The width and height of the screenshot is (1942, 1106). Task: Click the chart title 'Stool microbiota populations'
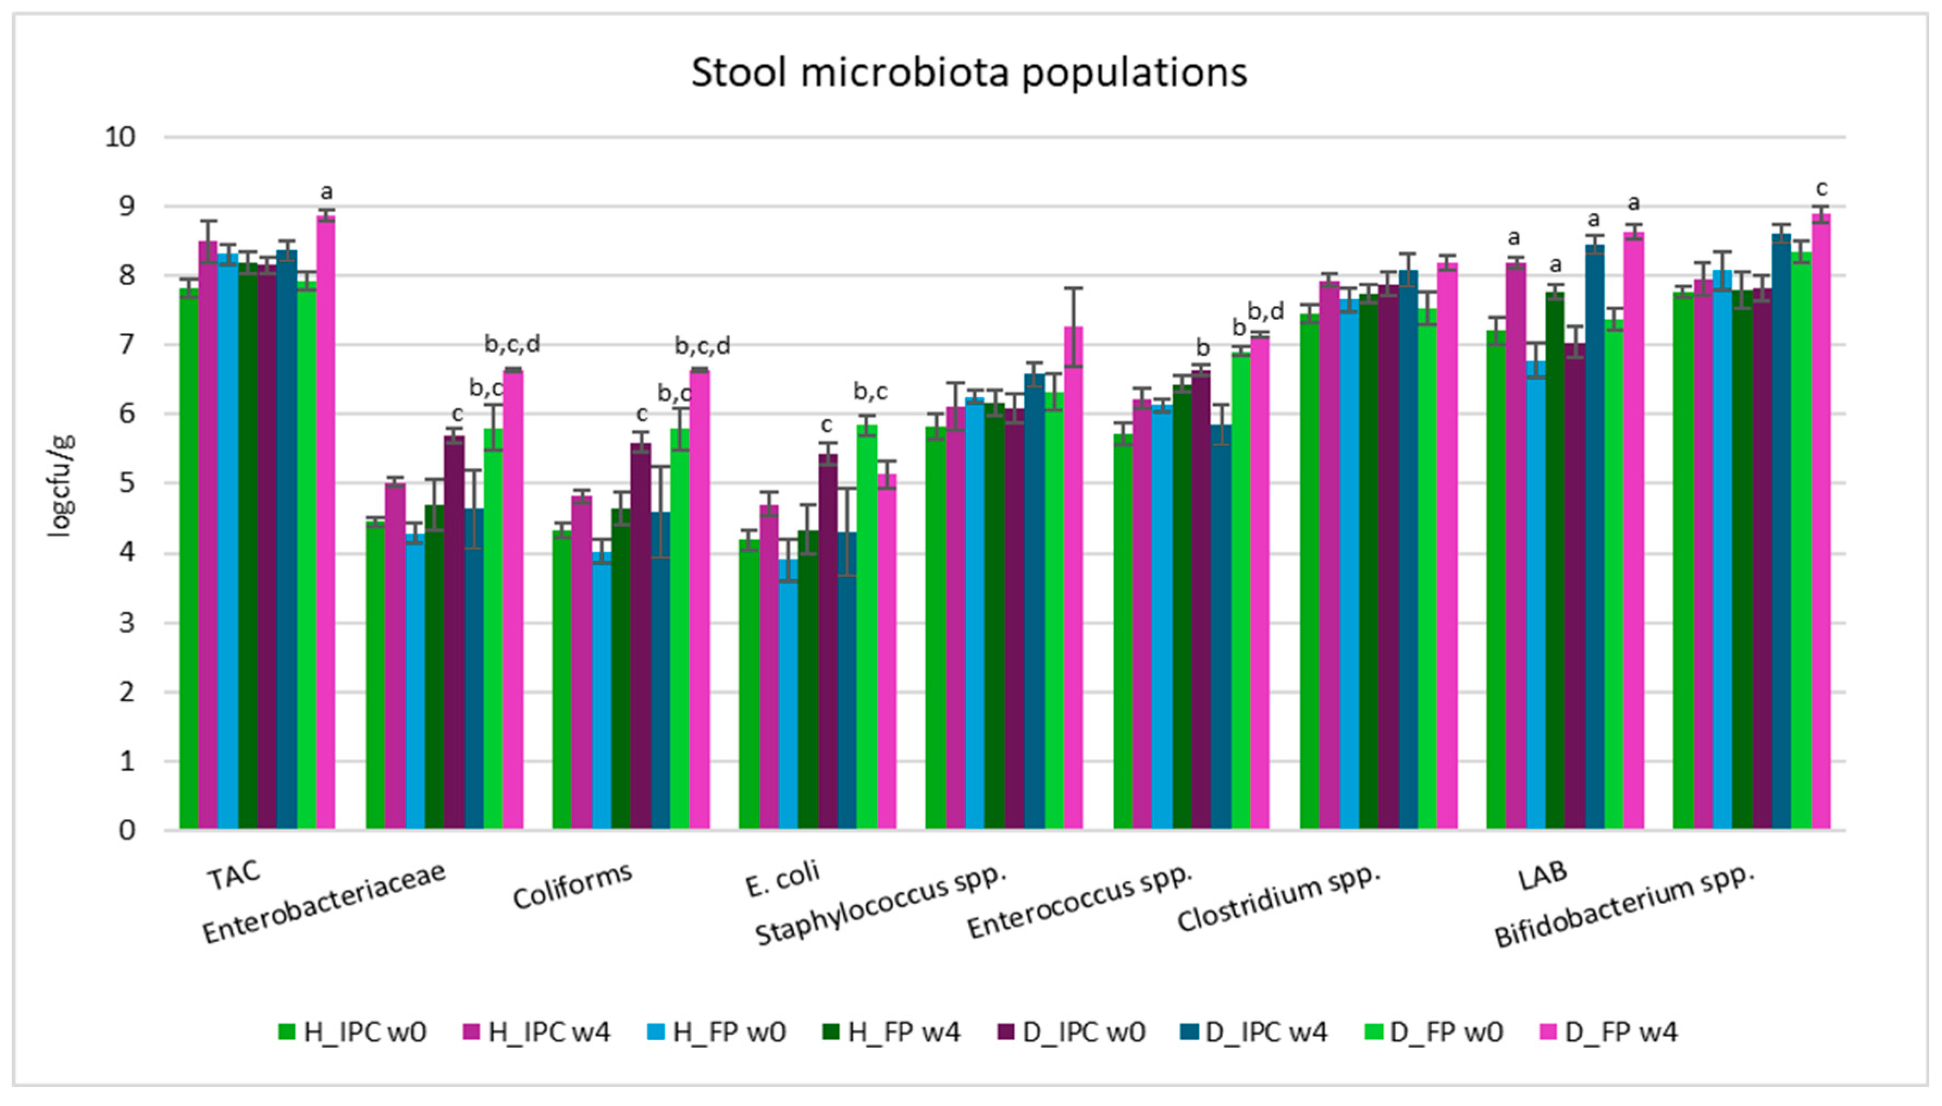point(968,73)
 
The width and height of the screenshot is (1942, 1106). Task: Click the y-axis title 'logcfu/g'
point(61,486)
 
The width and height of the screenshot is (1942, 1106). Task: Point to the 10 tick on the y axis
point(120,138)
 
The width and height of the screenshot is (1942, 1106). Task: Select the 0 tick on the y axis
point(126,830)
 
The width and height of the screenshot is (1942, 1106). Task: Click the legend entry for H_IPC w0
point(353,1033)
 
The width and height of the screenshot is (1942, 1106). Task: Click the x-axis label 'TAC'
point(234,875)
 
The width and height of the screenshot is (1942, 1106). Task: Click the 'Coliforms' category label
point(573,886)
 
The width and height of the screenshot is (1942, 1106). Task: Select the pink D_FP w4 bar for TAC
point(326,524)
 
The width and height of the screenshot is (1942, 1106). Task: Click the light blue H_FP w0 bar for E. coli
point(788,695)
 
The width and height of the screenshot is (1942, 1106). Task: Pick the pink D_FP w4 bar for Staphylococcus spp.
point(1073,577)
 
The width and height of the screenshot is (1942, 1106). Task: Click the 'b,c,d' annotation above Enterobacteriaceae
point(512,345)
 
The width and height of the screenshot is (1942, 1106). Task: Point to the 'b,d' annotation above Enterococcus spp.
point(1266,311)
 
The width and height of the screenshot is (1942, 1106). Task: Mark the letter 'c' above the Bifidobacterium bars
point(1821,188)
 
